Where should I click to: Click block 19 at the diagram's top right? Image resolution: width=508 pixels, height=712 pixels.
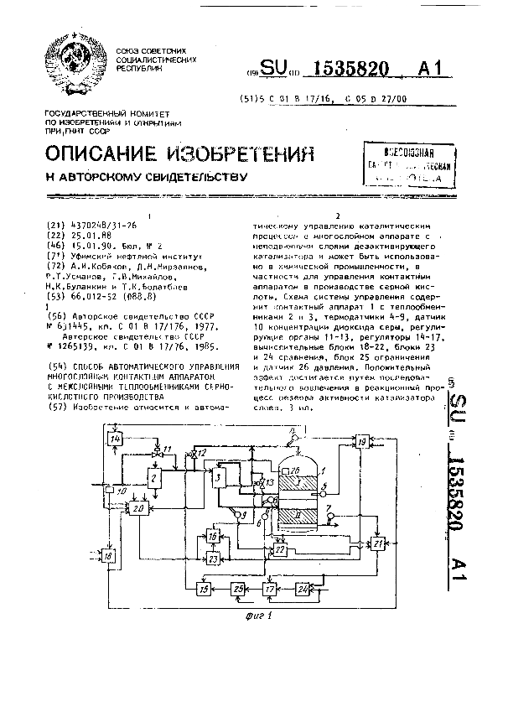(x=361, y=441)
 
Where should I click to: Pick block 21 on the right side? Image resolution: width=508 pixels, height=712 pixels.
(x=378, y=543)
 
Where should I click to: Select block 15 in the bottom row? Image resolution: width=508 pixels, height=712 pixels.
(x=204, y=589)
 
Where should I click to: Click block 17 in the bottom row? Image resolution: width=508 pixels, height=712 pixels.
(x=269, y=589)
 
